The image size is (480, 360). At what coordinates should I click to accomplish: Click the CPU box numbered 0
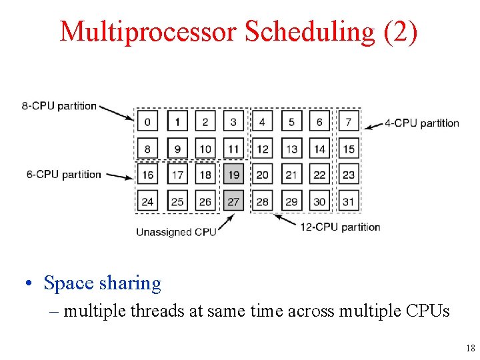147,122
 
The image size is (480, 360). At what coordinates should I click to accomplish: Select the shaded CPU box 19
234,175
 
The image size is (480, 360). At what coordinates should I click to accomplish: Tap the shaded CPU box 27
234,201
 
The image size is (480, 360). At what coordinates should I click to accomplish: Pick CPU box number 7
349,122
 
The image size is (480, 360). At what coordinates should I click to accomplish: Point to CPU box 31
349,201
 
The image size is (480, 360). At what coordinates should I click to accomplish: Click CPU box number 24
147,201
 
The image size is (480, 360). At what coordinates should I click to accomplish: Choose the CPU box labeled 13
291,149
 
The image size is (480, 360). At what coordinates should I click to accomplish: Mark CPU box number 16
147,175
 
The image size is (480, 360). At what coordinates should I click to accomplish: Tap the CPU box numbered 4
262,122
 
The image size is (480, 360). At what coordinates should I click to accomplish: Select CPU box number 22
320,175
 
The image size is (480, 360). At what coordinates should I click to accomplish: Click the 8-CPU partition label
59,105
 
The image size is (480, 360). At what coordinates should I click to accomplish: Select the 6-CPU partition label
64,175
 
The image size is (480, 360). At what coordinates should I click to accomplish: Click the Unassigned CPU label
176,232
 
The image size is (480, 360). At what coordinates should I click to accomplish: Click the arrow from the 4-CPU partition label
373,123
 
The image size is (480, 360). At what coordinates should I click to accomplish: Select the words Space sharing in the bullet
102,283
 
